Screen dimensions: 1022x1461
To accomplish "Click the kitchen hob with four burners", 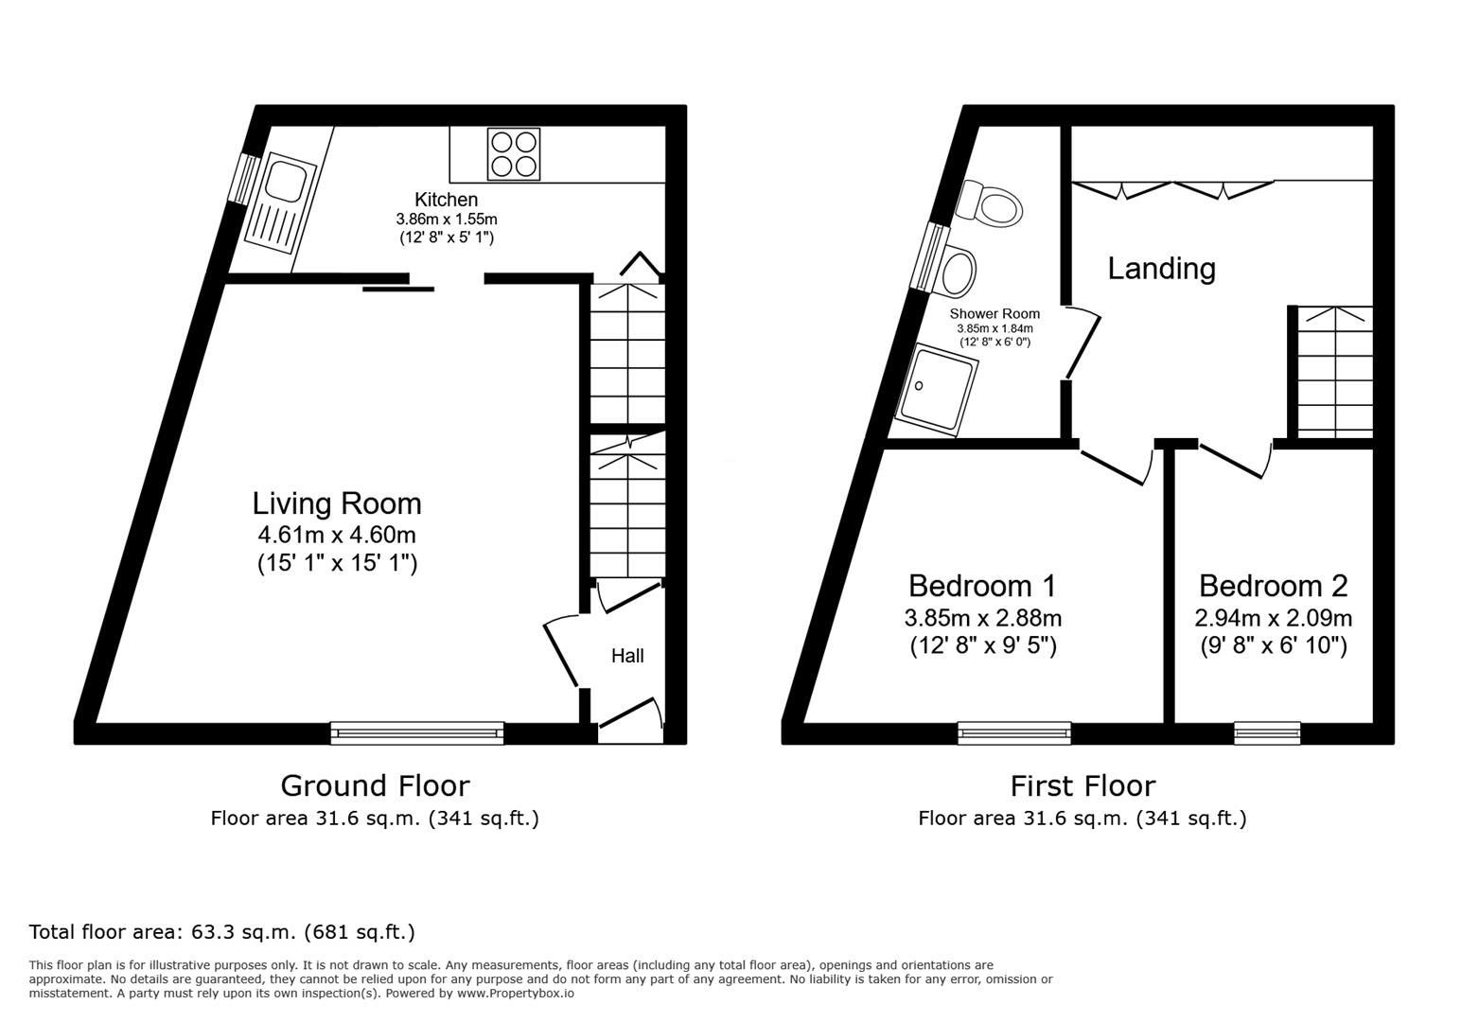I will point(514,153).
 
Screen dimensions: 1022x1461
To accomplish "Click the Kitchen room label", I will point(446,200).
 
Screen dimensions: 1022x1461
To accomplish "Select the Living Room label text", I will point(337,502).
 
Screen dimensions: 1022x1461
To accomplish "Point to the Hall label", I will point(627,656).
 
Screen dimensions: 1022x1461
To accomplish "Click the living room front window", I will point(417,731).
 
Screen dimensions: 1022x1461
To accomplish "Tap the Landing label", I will point(1161,269).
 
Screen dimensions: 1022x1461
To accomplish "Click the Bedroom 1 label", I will point(982,586).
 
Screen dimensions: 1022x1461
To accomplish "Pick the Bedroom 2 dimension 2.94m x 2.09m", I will point(1273,619).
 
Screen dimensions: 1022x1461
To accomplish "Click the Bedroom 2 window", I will point(1267,731).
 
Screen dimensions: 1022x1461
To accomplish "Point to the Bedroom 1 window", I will point(1013,731).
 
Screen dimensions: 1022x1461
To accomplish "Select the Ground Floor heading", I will point(375,785).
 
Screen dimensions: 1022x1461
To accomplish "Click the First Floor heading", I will point(1083,785).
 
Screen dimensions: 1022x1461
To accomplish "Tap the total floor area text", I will point(222,932).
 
